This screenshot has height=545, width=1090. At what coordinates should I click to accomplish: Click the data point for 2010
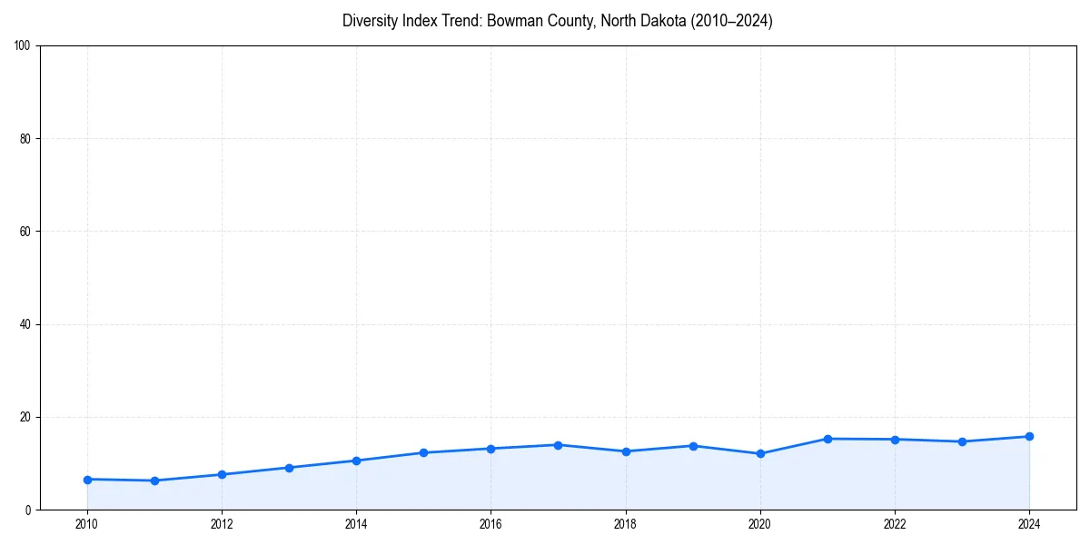tap(87, 480)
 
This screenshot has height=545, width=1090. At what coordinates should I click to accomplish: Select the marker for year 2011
tap(154, 481)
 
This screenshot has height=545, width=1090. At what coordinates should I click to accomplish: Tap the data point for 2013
tap(289, 468)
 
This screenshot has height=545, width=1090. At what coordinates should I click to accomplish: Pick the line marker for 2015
tap(423, 452)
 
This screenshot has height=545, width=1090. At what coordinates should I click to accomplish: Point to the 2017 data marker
tap(558, 445)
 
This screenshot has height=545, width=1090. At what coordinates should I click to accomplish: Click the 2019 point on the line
tap(693, 446)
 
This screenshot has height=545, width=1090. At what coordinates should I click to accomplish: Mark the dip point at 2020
tap(760, 453)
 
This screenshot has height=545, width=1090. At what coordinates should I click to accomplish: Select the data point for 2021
tap(827, 439)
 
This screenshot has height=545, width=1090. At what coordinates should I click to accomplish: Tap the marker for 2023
tap(962, 441)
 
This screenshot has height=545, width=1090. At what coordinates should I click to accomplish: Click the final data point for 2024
tap(1029, 436)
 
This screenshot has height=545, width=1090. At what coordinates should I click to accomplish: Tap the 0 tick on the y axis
tap(29, 510)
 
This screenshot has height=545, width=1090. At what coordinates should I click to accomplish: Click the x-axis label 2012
tap(222, 524)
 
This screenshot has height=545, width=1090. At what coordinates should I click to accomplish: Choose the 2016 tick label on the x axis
tap(490, 524)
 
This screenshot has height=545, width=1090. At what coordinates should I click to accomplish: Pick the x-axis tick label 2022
tap(895, 524)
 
